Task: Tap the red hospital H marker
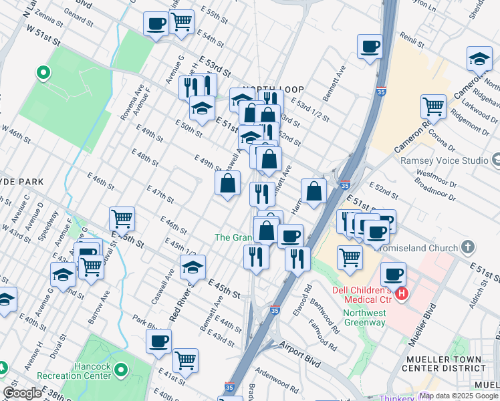click(402, 293)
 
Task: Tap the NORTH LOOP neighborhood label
click(273, 90)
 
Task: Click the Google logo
click(22, 393)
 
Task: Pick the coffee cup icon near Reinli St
click(370, 46)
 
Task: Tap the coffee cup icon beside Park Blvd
click(159, 341)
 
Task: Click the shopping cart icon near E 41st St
click(185, 360)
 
